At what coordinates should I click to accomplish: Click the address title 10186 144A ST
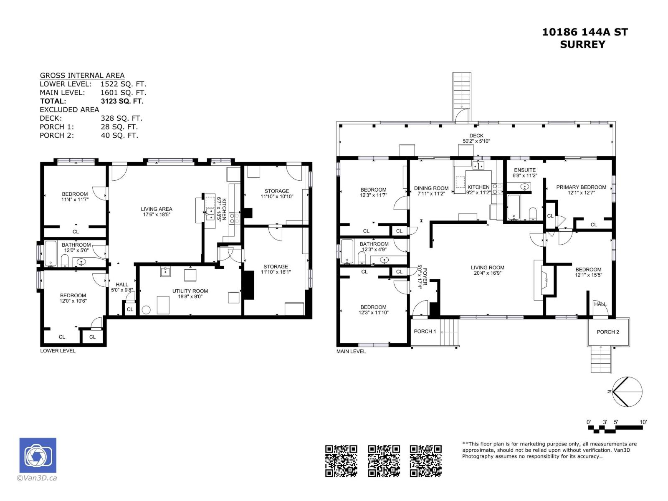coord(584,32)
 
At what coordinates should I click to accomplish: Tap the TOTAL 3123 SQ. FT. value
coord(121,101)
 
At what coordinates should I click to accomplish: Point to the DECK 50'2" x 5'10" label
coord(476,138)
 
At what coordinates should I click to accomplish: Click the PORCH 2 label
coord(607,332)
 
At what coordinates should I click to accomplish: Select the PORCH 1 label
coord(425,331)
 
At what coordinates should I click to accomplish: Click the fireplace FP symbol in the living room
coord(544,280)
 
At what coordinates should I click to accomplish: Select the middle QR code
coord(384,461)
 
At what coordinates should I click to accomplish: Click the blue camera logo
coord(38,455)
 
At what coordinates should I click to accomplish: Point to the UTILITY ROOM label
coord(190,291)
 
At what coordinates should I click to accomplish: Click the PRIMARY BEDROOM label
coord(581,187)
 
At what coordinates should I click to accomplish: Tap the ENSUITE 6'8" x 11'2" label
coord(524,173)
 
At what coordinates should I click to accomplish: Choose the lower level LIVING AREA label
coord(156,209)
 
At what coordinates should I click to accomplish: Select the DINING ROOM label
coord(431,188)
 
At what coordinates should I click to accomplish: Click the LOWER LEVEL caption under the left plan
coord(58,351)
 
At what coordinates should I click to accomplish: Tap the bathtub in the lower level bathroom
coord(51,253)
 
